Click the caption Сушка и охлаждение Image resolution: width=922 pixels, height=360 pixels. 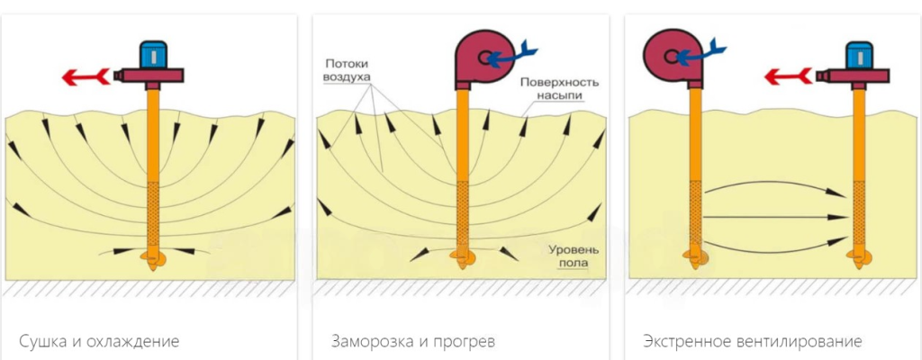click(99, 342)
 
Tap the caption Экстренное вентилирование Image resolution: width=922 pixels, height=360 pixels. click(753, 342)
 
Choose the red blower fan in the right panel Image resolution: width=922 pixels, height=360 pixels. click(668, 56)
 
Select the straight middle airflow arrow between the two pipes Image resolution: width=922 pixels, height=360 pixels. click(774, 218)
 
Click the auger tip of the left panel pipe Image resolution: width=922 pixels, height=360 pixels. click(153, 261)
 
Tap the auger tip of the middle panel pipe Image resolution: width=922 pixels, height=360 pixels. click(463, 261)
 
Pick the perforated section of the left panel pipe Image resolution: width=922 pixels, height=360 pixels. click(152, 211)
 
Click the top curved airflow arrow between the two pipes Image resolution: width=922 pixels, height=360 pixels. click(774, 187)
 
